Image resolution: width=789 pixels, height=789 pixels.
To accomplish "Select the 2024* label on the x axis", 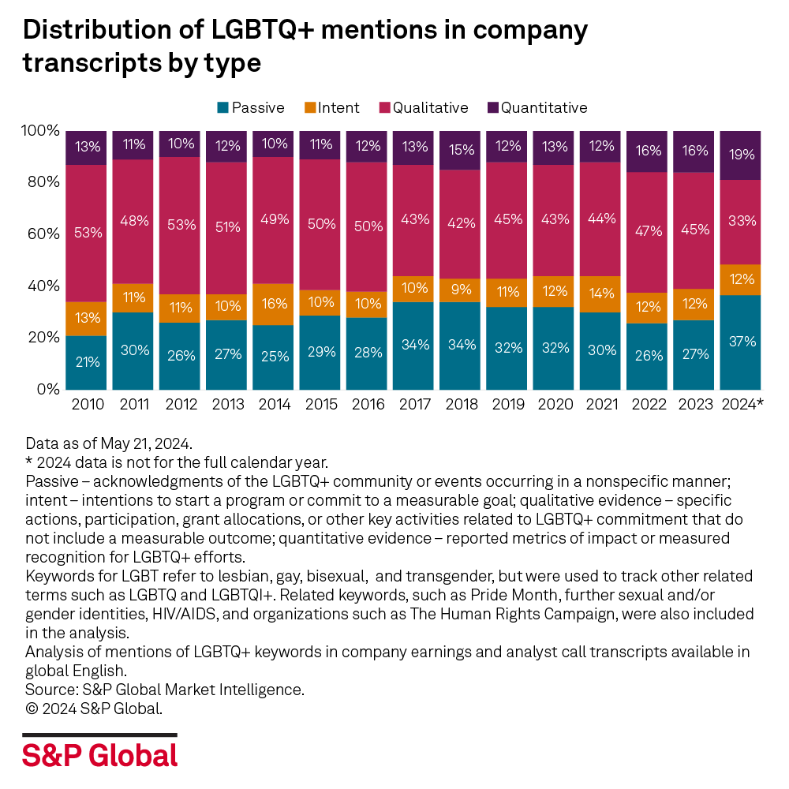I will pos(742,405).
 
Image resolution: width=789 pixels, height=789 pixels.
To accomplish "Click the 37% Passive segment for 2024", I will pos(742,342).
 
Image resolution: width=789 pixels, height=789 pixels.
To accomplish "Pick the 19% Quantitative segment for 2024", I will pos(742,155).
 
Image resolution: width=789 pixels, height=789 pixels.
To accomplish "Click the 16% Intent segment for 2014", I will pos(274,304).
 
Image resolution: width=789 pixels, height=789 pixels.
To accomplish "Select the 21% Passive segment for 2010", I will pos(86,362).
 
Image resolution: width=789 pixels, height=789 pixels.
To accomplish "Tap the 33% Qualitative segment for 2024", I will pos(742,222).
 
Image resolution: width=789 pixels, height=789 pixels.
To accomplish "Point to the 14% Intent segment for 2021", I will pos(601,294).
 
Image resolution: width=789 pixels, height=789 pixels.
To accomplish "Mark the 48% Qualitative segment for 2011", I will pos(133,222).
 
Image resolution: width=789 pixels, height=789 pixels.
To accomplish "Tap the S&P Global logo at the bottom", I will pos(99,755).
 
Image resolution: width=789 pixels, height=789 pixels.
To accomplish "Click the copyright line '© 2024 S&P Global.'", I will pos(94,708).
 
